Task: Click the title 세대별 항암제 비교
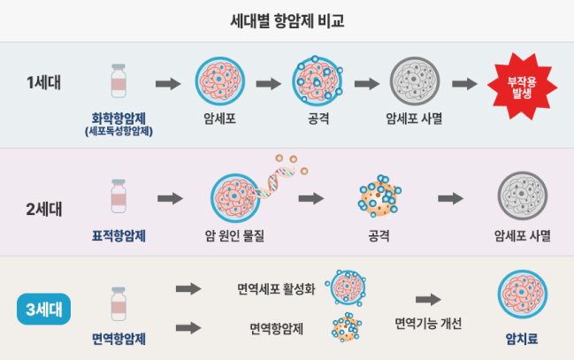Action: pyautogui.click(x=287, y=19)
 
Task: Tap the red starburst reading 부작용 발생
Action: pyautogui.click(x=519, y=88)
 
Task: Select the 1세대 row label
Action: pyautogui.click(x=43, y=83)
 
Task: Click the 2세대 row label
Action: pyautogui.click(x=43, y=210)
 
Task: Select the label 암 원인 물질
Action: pyautogui.click(x=233, y=237)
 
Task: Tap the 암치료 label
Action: pyautogui.click(x=522, y=338)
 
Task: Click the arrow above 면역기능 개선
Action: pyautogui.click(x=428, y=300)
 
